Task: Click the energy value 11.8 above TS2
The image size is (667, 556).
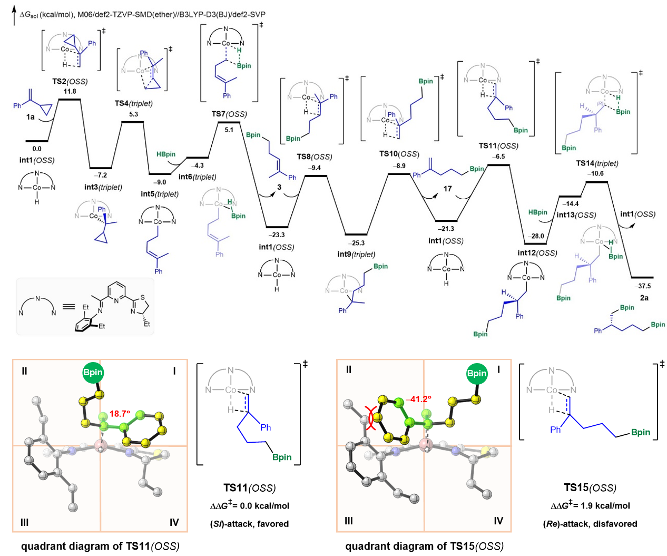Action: pos(70,92)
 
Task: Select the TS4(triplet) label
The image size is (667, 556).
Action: pos(133,103)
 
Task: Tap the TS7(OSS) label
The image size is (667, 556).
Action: pos(229,114)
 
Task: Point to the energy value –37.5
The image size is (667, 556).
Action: pos(643,286)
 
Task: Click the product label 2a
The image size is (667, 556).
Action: pos(644,298)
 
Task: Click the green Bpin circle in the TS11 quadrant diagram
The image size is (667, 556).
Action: pos(93,372)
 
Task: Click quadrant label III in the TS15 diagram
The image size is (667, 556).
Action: pos(348,521)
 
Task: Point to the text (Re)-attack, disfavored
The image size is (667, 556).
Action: pos(590,524)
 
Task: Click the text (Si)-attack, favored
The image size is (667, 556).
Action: pos(250,524)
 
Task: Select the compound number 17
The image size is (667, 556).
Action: pos(447,189)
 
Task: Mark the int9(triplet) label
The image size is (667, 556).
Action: pos(356,254)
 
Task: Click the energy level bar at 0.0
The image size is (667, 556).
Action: pos(37,141)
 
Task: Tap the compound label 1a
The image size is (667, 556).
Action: pos(31,117)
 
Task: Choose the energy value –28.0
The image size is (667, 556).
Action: pos(537,236)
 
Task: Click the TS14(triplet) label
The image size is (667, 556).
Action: pos(597,163)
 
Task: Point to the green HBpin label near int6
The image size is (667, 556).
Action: pos(166,154)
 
